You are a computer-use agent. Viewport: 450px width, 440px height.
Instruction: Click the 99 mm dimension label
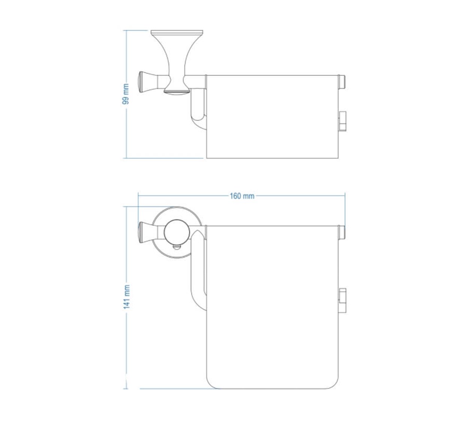[x=126, y=94]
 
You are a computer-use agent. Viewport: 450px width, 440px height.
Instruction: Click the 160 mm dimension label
[x=242, y=196]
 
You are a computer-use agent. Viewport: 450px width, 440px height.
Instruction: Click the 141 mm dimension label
[x=126, y=297]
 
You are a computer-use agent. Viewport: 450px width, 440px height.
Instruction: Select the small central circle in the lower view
[x=177, y=233]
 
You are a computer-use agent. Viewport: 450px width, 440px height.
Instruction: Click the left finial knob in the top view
[x=148, y=83]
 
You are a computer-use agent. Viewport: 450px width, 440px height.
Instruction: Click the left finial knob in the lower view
[x=148, y=233]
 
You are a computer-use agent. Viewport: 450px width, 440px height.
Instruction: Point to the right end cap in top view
[x=342, y=82]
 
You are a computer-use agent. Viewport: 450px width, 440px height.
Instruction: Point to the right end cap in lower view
[x=342, y=232]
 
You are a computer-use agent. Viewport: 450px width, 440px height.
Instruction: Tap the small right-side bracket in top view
[x=342, y=121]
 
